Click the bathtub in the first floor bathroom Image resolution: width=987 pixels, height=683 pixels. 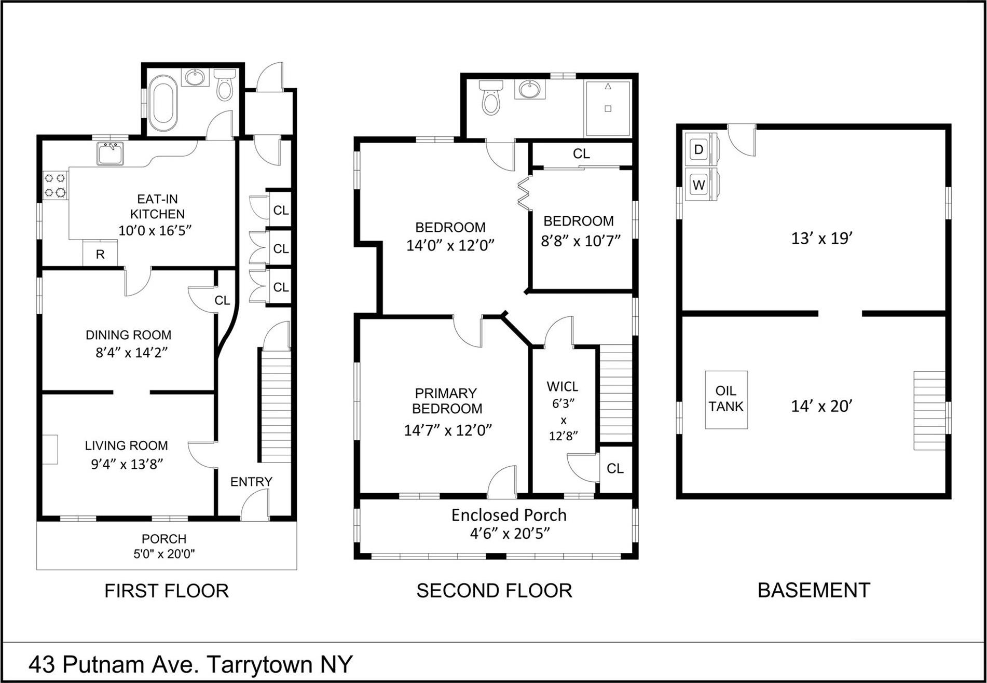(163, 103)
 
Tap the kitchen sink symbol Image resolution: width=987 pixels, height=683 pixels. (110, 154)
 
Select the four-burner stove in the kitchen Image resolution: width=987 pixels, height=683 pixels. (55, 186)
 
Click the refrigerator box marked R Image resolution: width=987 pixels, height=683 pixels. (100, 254)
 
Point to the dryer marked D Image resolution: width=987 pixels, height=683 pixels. (699, 150)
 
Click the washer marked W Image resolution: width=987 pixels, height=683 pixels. (699, 185)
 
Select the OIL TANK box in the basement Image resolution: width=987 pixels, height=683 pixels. (726, 399)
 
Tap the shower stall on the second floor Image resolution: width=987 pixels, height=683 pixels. (608, 108)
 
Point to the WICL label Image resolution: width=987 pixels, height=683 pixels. (563, 387)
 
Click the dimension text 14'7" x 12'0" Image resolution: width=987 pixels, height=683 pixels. (448, 430)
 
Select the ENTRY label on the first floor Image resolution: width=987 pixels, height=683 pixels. (251, 482)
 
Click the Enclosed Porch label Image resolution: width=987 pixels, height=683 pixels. (509, 515)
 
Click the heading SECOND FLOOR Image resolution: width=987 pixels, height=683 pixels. (494, 591)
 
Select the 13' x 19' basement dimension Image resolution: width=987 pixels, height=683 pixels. (822, 239)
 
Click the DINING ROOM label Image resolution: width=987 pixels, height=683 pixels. (128, 335)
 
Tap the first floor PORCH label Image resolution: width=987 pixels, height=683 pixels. (164, 539)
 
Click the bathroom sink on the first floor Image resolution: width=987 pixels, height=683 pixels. (196, 78)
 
